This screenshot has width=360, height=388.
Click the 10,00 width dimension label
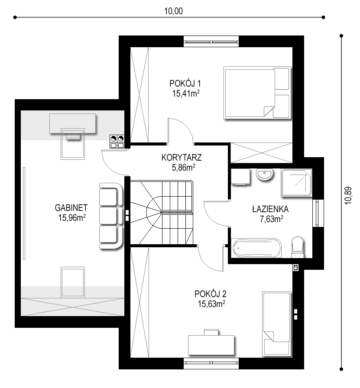(x=173, y=11)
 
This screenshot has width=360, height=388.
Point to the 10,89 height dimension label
(x=348, y=195)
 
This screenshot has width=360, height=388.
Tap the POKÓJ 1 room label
(x=185, y=84)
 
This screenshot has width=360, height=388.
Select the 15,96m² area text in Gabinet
(x=72, y=218)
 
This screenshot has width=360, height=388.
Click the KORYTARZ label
(x=182, y=158)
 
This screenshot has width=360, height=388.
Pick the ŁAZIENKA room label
(x=270, y=209)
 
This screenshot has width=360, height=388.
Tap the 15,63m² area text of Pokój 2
(x=211, y=304)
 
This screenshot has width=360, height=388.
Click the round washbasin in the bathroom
(x=265, y=175)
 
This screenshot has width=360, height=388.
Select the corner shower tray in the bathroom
(x=296, y=183)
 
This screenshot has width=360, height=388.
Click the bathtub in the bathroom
(x=256, y=248)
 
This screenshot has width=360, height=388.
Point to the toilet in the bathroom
(x=298, y=247)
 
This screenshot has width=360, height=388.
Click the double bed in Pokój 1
(x=257, y=93)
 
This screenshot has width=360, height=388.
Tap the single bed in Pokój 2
(x=276, y=324)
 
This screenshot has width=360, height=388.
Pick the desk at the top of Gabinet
(x=72, y=123)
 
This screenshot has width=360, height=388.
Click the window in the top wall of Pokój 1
(x=211, y=41)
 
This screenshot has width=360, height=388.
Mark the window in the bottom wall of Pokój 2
(x=211, y=363)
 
